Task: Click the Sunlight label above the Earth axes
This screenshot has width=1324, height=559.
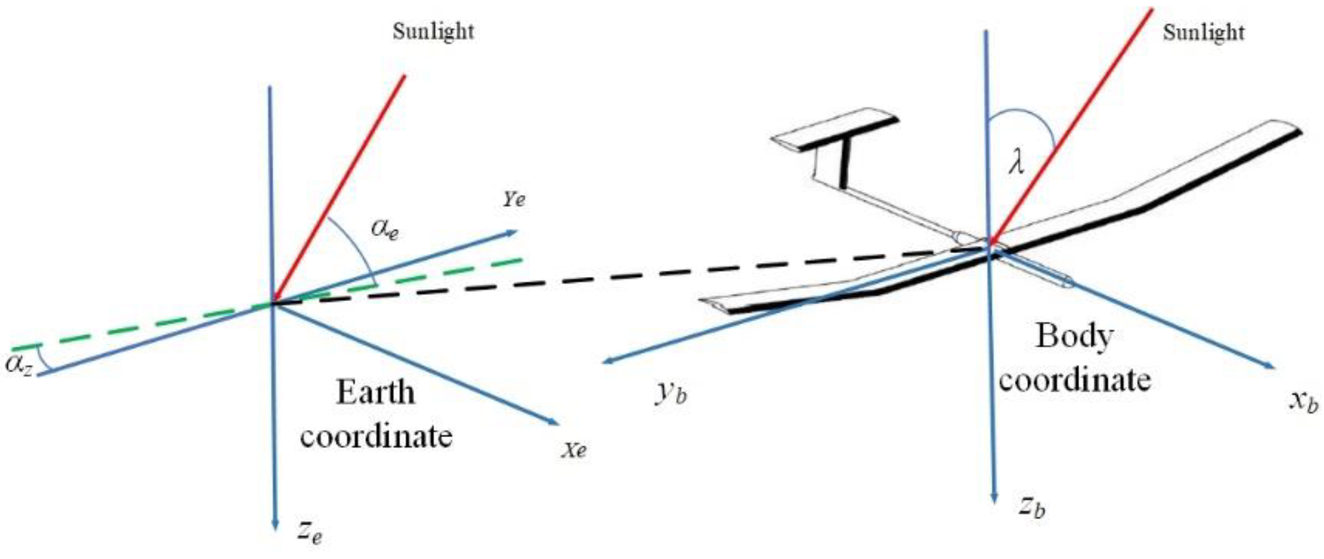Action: click(433, 32)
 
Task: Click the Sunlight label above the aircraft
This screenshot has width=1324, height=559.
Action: click(1203, 33)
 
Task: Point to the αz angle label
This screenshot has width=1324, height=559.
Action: click(19, 364)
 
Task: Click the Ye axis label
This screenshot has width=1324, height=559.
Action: click(514, 199)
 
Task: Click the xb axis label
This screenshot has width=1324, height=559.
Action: click(1303, 401)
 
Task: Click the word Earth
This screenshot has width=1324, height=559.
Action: click(375, 392)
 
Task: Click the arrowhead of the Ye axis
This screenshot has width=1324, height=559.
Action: click(512, 233)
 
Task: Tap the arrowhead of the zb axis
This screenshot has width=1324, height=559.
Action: click(994, 498)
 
